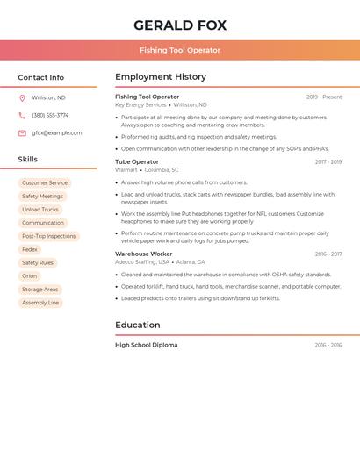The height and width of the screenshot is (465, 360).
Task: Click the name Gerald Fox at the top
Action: click(180, 25)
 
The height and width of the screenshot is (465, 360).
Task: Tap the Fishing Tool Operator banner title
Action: click(180, 50)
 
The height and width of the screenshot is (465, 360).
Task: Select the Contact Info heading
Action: click(41, 77)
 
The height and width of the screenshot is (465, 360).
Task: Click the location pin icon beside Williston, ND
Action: click(22, 97)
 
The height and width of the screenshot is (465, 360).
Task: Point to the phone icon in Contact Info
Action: click(22, 115)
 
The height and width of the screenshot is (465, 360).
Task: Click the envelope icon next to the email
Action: click(22, 133)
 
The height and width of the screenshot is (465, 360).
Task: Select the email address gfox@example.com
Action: click(57, 133)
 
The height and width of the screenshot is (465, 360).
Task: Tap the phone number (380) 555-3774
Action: click(50, 115)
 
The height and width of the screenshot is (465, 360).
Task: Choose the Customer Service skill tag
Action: click(45, 182)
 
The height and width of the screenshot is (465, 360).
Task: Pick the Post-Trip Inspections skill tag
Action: click(48, 236)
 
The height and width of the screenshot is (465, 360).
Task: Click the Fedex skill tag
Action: click(30, 249)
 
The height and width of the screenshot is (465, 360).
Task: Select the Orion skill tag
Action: click(30, 275)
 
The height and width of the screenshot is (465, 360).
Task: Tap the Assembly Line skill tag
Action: click(40, 303)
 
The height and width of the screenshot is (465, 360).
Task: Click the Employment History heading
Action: click(161, 77)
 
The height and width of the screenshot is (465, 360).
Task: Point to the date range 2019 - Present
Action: click(324, 97)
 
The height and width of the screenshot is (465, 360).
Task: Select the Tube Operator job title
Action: click(137, 161)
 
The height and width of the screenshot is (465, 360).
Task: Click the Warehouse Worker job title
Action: click(143, 254)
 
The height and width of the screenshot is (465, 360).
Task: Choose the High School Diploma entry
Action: click(147, 345)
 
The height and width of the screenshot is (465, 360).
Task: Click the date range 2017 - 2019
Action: click(328, 161)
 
